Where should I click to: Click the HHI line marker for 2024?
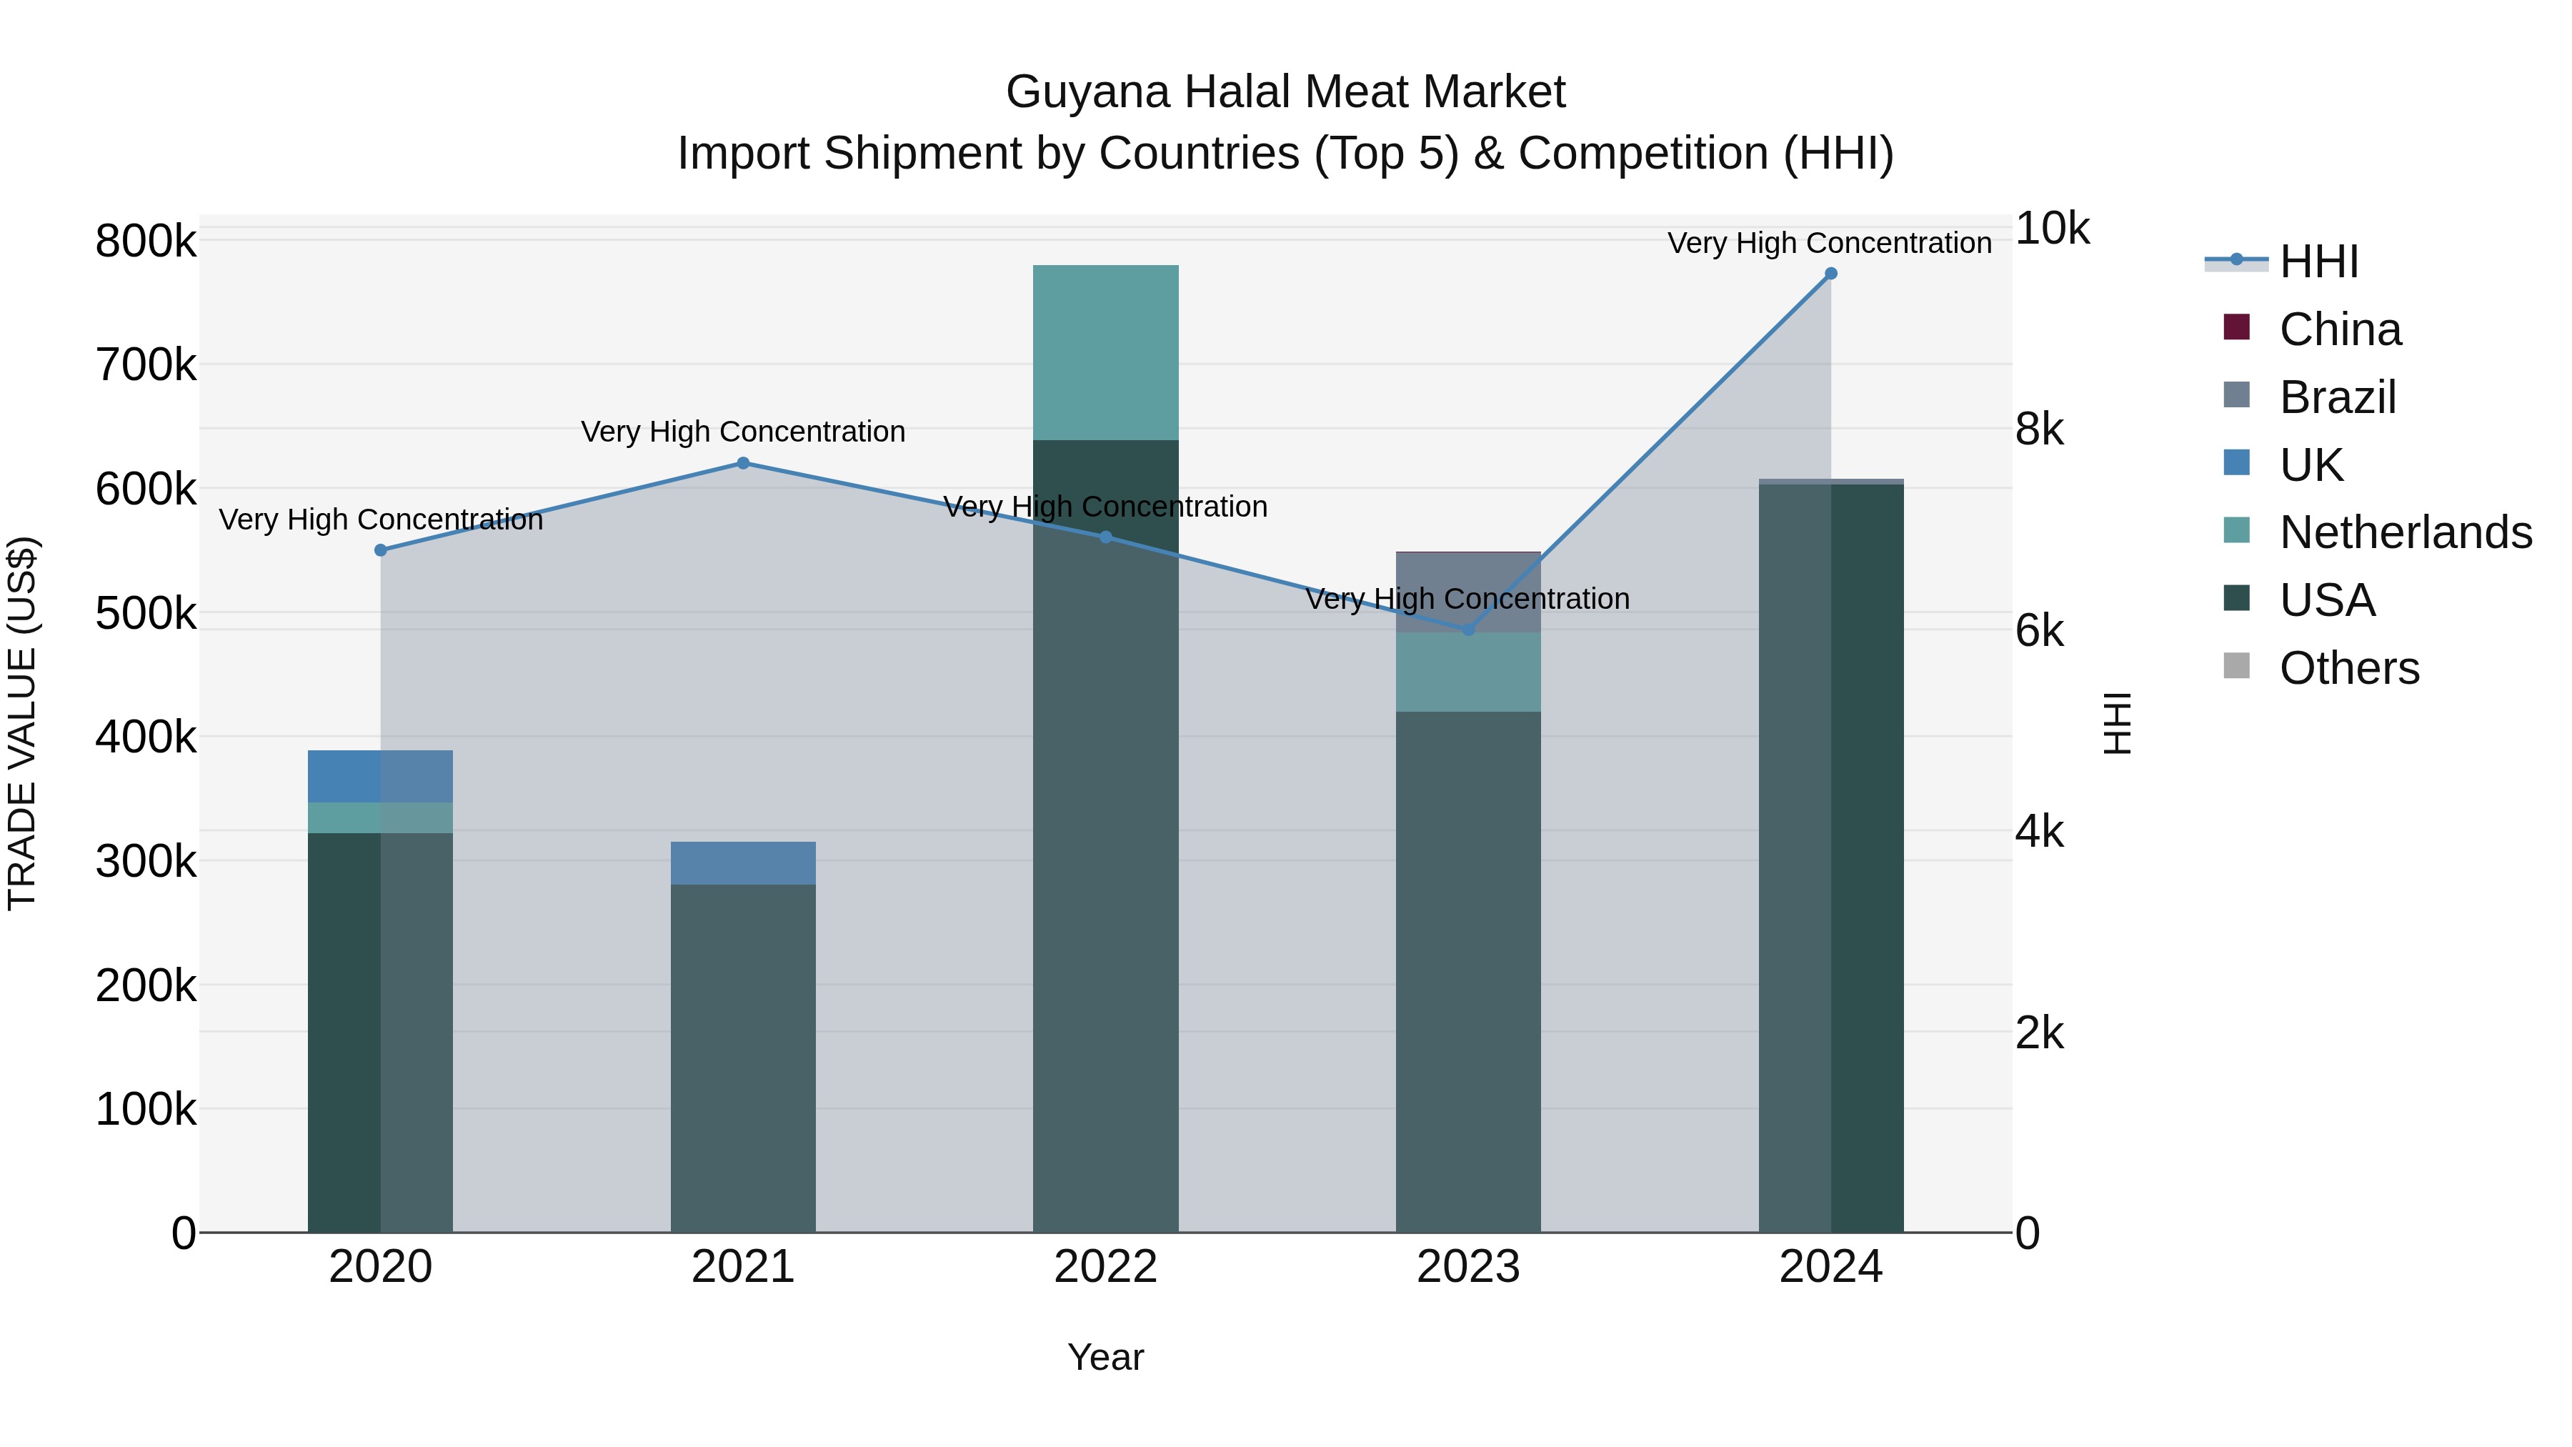click(x=1830, y=274)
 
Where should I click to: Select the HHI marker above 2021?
click(x=743, y=463)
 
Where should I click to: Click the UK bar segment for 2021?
click(x=743, y=862)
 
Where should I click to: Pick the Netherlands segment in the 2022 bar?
click(x=1105, y=352)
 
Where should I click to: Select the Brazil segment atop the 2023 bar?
click(x=1467, y=591)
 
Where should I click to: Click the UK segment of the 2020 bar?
click(x=379, y=776)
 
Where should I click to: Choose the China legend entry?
click(x=2339, y=329)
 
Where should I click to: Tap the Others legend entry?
click(x=2348, y=668)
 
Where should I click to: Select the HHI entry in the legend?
click(x=2318, y=262)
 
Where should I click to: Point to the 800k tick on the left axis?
click(x=146, y=242)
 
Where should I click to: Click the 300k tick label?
click(x=146, y=862)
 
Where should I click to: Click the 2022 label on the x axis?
click(x=1105, y=1267)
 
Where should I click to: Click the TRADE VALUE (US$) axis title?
click(x=22, y=723)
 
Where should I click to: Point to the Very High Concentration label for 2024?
click(x=1829, y=244)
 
